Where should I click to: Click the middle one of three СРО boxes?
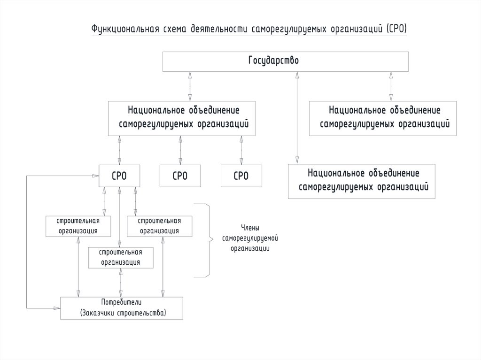(180, 176)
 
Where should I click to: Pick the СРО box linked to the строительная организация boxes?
(119, 176)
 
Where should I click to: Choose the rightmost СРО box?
(241, 176)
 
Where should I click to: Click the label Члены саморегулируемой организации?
(250, 238)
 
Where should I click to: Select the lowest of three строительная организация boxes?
(121, 258)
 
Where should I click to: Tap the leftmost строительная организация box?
(78, 226)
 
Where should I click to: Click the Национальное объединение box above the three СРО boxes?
(183, 118)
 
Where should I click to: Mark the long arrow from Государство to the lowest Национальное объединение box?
(296, 117)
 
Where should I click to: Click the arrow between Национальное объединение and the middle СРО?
(180, 150)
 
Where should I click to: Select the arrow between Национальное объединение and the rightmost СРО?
(241, 150)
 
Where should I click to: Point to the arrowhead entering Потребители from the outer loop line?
(57, 308)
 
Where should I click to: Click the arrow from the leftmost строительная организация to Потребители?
(78, 268)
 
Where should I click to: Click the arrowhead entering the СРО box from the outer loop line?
(95, 176)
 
